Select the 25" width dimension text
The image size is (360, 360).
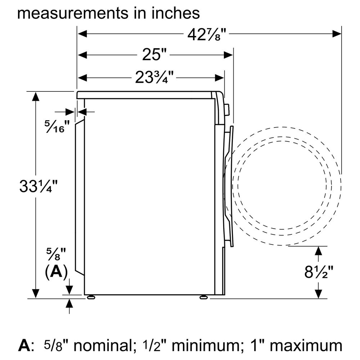(154, 55)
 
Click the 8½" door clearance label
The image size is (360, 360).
(319, 272)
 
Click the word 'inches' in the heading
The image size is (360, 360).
(176, 13)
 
